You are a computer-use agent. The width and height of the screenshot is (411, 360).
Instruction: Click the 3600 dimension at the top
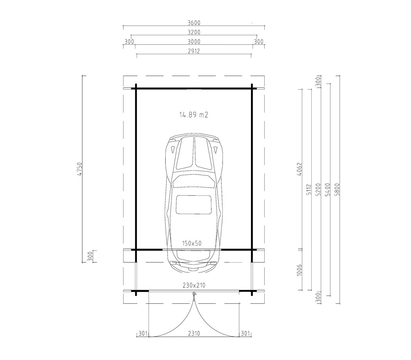click(x=194, y=23)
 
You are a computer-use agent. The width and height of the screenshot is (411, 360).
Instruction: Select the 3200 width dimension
click(x=194, y=32)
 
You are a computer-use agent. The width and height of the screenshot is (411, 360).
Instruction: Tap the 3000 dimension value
click(x=194, y=41)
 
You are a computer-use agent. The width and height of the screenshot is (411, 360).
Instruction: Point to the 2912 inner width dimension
click(x=194, y=51)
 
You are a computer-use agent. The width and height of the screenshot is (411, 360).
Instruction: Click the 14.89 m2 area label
click(x=194, y=115)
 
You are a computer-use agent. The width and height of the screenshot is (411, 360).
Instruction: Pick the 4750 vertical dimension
click(x=80, y=169)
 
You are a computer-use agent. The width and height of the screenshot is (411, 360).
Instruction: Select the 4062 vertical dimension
click(x=299, y=169)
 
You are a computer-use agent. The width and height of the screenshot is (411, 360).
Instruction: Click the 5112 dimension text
click(x=309, y=189)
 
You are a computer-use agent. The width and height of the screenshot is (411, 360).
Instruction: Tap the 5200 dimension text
click(x=318, y=190)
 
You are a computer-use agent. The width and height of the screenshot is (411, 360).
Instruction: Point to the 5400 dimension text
click(x=327, y=190)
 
